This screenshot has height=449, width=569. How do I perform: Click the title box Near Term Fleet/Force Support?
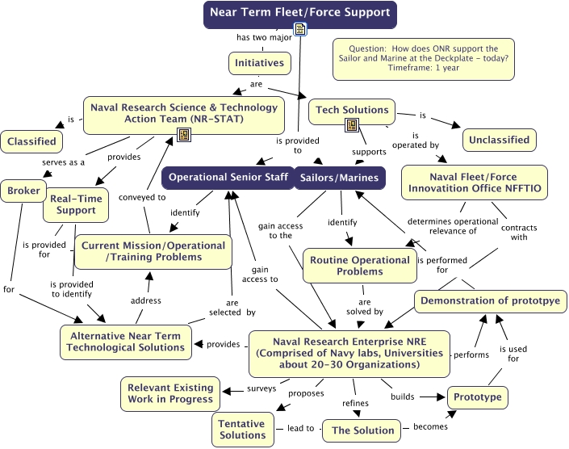[299, 13]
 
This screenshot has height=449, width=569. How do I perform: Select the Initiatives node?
[259, 62]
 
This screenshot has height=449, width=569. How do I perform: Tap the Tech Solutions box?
[352, 110]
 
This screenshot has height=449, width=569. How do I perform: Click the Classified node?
[31, 141]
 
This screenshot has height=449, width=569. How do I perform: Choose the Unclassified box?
[500, 140]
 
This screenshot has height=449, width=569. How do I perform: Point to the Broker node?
[21, 191]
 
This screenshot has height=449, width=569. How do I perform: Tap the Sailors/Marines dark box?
[338, 177]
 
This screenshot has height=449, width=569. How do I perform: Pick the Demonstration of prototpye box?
[491, 301]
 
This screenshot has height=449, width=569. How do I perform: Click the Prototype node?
[477, 397]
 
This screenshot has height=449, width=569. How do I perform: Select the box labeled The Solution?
[362, 430]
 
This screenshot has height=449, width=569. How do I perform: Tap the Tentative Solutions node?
[242, 429]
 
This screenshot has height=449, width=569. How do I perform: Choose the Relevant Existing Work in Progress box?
[170, 392]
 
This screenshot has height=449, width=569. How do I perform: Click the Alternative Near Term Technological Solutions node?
[126, 341]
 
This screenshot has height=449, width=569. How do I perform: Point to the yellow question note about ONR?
[424, 60]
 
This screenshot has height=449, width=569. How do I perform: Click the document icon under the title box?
[300, 31]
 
